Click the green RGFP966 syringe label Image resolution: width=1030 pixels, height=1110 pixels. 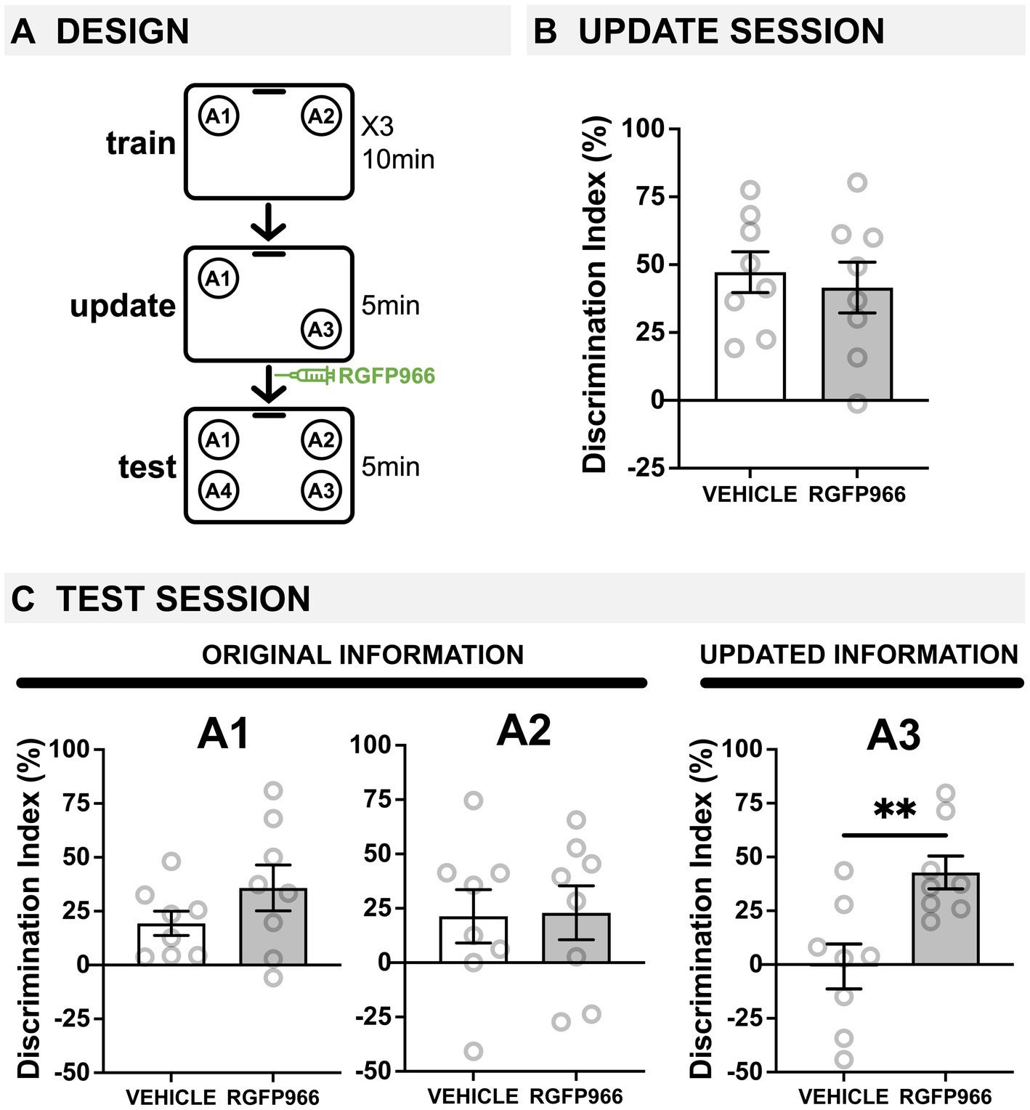tap(386, 376)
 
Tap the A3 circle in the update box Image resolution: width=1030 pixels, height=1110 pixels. tap(321, 330)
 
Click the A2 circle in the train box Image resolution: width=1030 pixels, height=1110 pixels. tap(321, 116)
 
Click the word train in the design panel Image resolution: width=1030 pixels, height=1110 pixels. tap(141, 143)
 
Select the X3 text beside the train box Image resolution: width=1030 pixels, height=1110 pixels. tap(378, 126)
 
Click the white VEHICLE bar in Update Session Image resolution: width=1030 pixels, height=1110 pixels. tap(750, 338)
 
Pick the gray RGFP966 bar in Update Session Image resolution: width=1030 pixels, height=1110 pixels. tap(857, 345)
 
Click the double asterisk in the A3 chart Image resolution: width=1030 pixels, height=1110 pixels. tap(895, 810)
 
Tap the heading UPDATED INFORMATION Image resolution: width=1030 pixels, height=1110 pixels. tap(859, 655)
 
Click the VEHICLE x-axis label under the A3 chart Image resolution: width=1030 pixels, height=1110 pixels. tap(843, 1095)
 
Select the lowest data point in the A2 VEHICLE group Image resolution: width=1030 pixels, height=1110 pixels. tap(474, 1050)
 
